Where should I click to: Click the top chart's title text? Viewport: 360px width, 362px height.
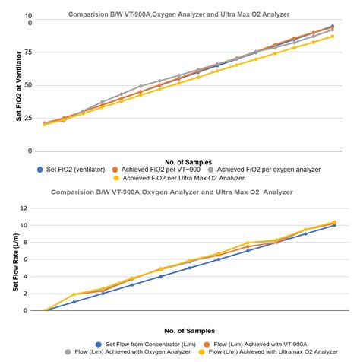pyautogui.click(x=178, y=14)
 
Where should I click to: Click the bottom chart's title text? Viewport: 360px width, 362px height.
pyautogui.click(x=172, y=192)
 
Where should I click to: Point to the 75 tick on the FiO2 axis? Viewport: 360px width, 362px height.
pyautogui.click(x=29, y=52)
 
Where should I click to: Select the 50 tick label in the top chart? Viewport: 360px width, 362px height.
pyautogui.click(x=29, y=85)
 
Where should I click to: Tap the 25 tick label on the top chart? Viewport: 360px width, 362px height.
pyautogui.click(x=29, y=118)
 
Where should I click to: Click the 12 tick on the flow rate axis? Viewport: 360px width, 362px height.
pyautogui.click(x=24, y=208)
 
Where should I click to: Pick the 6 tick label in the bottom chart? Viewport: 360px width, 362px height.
pyautogui.click(x=25, y=259)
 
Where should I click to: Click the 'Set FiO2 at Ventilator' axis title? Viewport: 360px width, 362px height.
pyautogui.click(x=19, y=86)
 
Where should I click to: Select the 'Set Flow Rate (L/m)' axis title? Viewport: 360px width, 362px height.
pyautogui.click(x=16, y=262)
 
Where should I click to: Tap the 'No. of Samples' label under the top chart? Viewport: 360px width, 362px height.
pyautogui.click(x=188, y=162)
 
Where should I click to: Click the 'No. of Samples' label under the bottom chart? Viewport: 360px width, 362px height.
pyautogui.click(x=190, y=331)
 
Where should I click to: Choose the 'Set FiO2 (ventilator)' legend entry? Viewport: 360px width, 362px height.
pyautogui.click(x=71, y=170)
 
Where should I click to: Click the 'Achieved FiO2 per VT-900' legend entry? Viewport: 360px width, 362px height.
pyautogui.click(x=156, y=170)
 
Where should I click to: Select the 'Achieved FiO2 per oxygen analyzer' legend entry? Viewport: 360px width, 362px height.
pyautogui.click(x=264, y=170)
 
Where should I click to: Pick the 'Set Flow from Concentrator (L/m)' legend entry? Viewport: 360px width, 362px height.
pyautogui.click(x=146, y=345)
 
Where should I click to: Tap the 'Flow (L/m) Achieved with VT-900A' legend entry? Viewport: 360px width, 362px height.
pyautogui.click(x=255, y=345)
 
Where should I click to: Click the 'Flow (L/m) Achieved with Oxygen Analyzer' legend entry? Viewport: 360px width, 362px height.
pyautogui.click(x=128, y=352)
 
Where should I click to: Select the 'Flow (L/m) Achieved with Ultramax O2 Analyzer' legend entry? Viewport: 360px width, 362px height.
pyautogui.click(x=268, y=352)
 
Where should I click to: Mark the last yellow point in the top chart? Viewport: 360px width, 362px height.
pyautogui.click(x=333, y=37)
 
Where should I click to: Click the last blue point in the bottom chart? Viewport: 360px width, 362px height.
pyautogui.click(x=334, y=225)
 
